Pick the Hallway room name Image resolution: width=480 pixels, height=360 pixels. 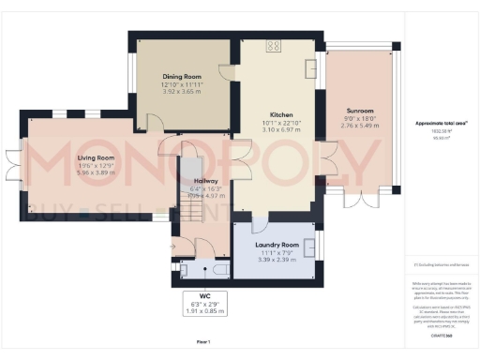[x=205, y=181]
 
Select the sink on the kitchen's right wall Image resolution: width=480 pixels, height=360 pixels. [x=312, y=67]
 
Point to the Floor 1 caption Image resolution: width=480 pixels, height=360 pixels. [x=202, y=341]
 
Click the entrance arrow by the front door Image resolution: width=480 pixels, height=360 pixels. [x=172, y=247]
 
